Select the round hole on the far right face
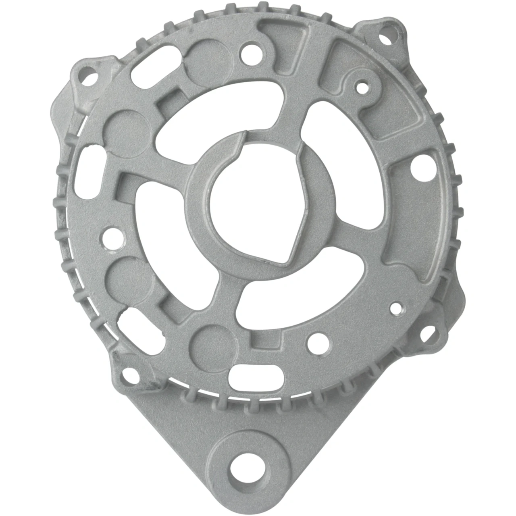click(x=417, y=165)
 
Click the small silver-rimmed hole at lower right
click(x=396, y=308)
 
